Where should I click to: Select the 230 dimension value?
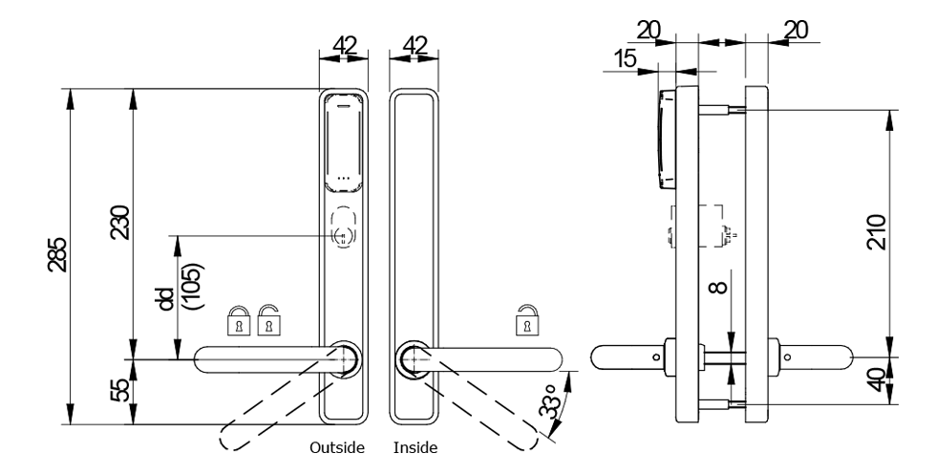click(119, 224)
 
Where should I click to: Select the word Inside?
click(415, 446)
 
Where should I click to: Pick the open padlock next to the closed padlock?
click(270, 319)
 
